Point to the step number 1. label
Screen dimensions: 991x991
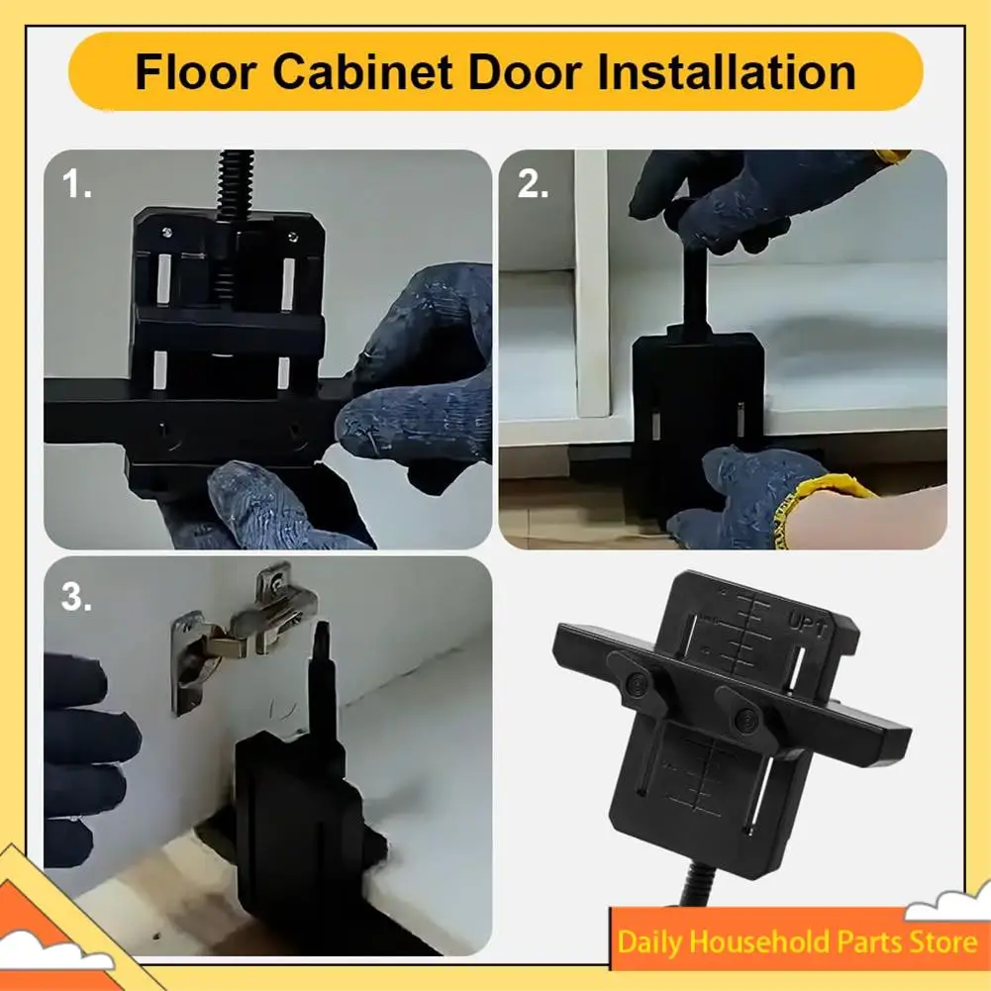pyautogui.click(x=76, y=184)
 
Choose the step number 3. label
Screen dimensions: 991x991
pyautogui.click(x=78, y=596)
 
